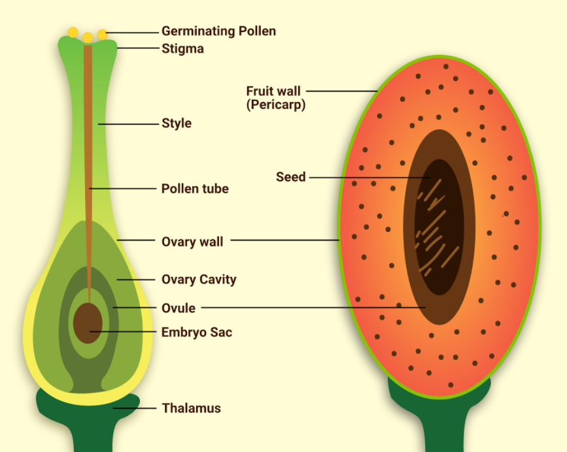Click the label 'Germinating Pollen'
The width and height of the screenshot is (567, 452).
(218, 31)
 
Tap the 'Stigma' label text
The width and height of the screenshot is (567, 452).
(182, 48)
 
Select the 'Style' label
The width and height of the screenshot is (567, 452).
(177, 123)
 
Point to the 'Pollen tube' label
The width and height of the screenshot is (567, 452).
(195, 189)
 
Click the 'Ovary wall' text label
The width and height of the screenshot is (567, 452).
(192, 242)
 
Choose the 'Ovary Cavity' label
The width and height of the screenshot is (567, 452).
(199, 280)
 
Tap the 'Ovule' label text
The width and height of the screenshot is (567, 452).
(178, 308)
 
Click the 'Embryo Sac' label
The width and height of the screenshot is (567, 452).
(196, 332)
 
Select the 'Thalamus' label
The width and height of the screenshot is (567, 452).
(191, 408)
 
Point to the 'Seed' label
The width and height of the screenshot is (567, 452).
(290, 176)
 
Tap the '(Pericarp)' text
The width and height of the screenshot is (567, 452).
(276, 105)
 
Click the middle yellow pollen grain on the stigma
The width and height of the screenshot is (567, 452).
(88, 37)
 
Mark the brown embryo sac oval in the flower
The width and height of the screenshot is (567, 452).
(88, 322)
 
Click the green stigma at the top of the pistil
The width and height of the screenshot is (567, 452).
(69, 46)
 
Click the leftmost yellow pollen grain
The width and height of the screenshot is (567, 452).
(73, 32)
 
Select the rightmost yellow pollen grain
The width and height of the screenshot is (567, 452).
(102, 34)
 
